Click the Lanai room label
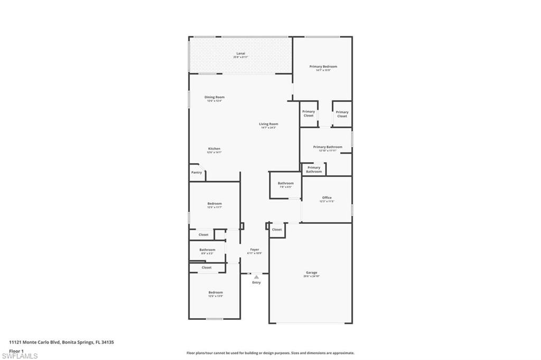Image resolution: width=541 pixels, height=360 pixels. click(240, 53)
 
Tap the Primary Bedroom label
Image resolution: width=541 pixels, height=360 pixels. click(323, 67)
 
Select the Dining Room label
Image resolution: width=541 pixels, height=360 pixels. click(214, 97)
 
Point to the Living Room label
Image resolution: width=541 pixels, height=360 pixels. click(268, 124)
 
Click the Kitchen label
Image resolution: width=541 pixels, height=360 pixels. click(214, 149)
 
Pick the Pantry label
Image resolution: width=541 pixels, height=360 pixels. click(197, 173)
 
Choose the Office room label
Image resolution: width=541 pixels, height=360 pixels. click(327, 198)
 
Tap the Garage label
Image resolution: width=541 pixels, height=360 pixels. click(311, 273)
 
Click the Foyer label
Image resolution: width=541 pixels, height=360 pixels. click(255, 249)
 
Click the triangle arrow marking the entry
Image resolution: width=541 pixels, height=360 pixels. click(256, 277)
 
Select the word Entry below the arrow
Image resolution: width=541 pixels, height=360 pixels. click(256, 282)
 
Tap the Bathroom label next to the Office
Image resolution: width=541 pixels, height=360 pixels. click(285, 183)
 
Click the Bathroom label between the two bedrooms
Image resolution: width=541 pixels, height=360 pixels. click(207, 250)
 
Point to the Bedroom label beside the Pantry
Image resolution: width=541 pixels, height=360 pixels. click(214, 204)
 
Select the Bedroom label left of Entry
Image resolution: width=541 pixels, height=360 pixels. click(215, 292)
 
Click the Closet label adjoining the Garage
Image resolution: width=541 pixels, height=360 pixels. click(277, 230)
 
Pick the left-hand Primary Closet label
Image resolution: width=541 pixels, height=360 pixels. click(309, 113)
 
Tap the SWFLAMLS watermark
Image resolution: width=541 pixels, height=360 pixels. click(20, 356)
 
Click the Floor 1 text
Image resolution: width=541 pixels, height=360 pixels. click(16, 350)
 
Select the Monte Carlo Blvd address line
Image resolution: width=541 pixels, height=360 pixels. click(61, 342)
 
